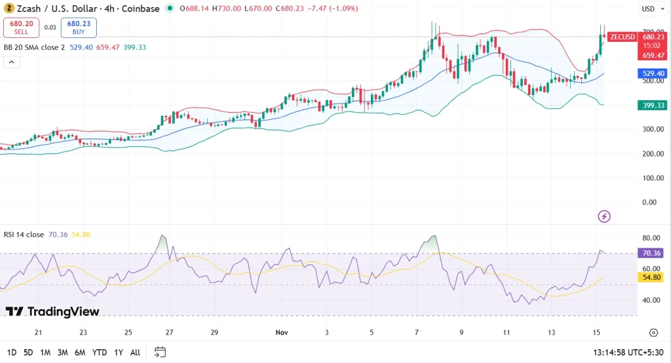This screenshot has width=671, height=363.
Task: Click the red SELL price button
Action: (x=22, y=28)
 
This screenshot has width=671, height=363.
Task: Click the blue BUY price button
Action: (x=79, y=28)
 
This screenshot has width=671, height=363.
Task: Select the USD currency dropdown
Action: (x=648, y=9)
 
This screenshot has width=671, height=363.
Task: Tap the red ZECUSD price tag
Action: (x=622, y=37)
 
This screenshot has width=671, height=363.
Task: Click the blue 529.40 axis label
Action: (x=652, y=74)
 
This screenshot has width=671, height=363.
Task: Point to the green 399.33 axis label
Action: (x=652, y=105)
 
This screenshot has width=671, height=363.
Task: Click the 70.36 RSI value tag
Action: (x=652, y=253)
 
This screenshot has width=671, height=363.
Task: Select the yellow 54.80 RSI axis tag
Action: (x=652, y=278)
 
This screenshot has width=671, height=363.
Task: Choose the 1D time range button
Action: (x=12, y=353)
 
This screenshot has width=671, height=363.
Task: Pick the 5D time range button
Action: (x=28, y=353)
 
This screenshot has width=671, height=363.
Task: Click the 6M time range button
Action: (x=80, y=353)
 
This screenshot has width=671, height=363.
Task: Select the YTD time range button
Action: (x=99, y=353)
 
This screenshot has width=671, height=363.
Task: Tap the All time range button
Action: (x=135, y=353)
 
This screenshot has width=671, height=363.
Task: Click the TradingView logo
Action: (x=52, y=311)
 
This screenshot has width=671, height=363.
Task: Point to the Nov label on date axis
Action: (x=282, y=333)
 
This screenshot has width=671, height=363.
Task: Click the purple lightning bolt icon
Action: (x=605, y=216)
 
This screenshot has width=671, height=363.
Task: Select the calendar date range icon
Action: (x=160, y=353)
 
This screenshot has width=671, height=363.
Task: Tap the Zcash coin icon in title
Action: (x=9, y=9)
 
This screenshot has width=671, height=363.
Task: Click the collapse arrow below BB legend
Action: (x=12, y=62)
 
